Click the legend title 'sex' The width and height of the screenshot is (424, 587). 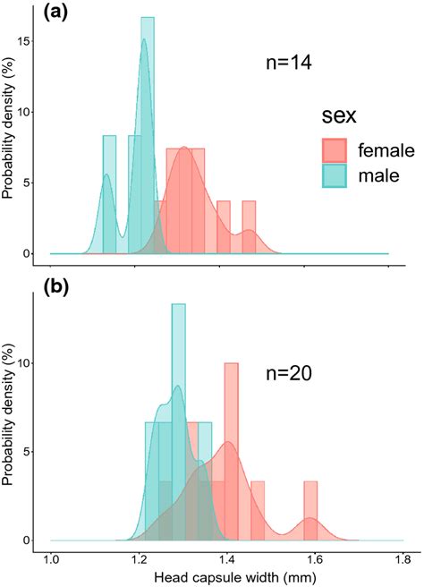341,115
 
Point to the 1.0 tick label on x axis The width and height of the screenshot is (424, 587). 51,561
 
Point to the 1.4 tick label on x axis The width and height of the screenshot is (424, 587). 227,561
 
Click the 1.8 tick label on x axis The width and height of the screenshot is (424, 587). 403,561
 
